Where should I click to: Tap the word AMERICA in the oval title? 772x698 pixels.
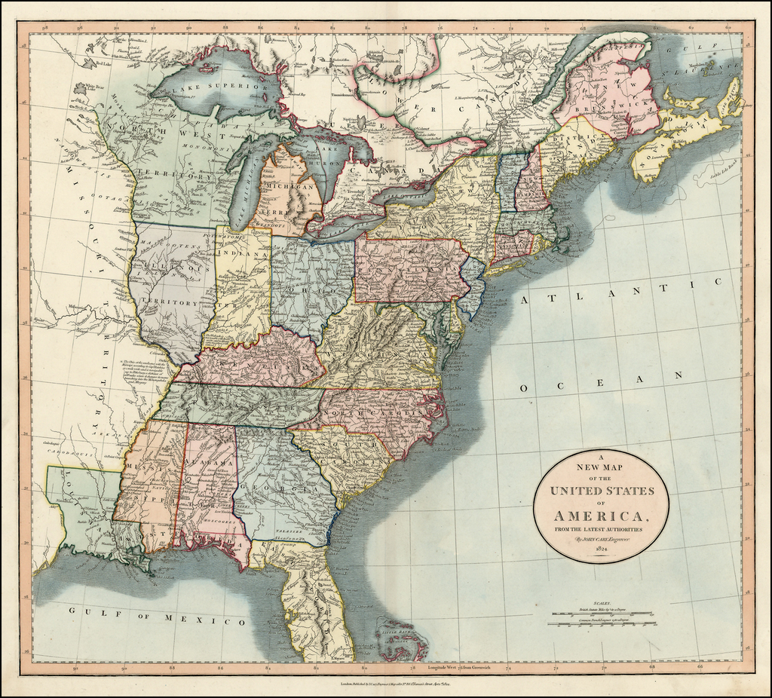click(600, 516)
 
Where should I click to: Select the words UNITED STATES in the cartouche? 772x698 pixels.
click(601, 491)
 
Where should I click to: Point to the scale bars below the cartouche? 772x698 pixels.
click(602, 619)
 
